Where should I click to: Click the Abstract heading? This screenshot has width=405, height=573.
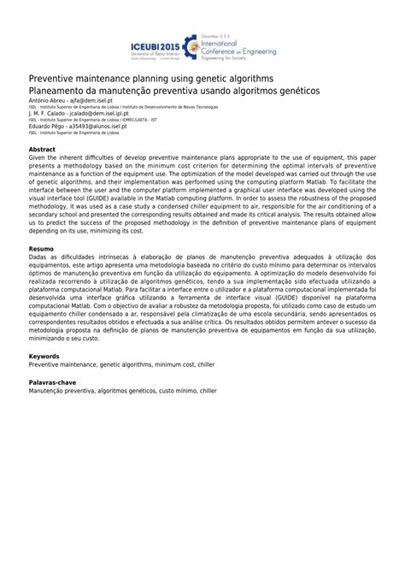tap(43, 150)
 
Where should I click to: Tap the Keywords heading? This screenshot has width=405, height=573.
tap(44, 356)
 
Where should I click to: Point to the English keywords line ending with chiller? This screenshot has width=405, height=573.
tap(119, 363)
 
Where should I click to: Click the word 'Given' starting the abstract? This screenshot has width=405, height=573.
tap(38, 158)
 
